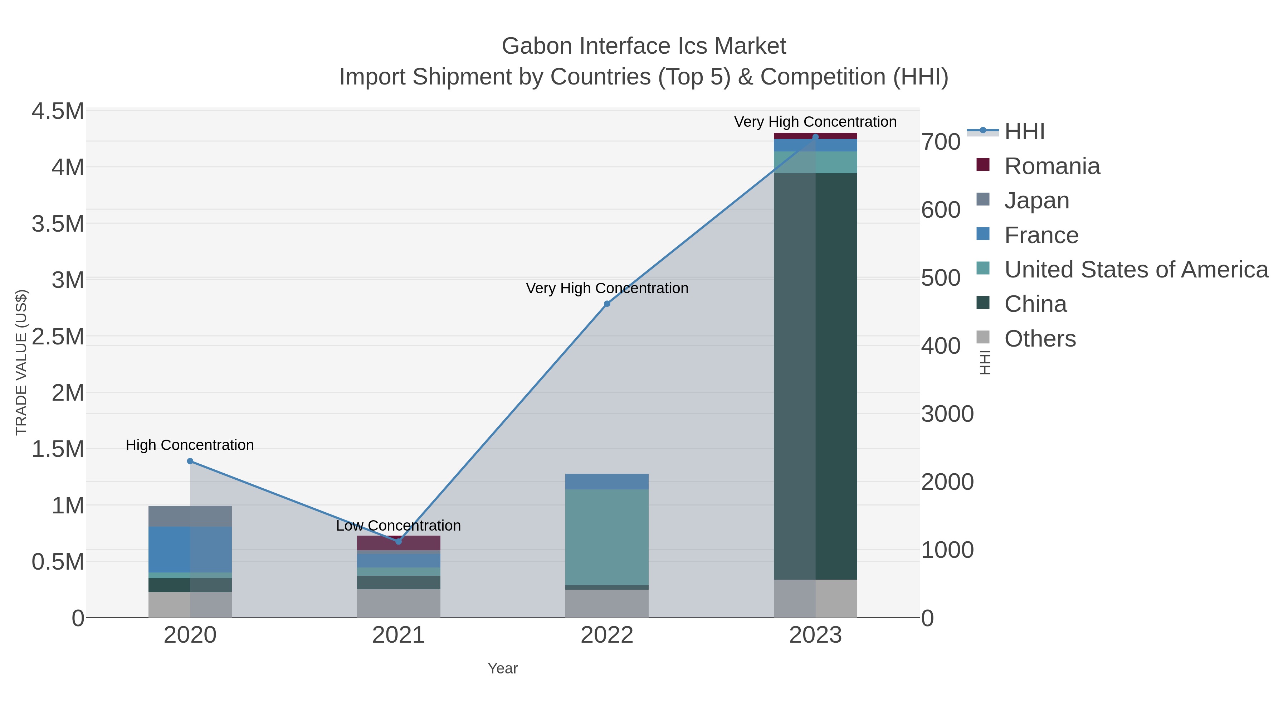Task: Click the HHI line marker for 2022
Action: (x=607, y=304)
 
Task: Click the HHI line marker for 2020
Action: (x=190, y=461)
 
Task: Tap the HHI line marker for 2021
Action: (x=399, y=541)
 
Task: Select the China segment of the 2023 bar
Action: (x=815, y=375)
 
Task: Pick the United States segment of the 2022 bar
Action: (x=607, y=537)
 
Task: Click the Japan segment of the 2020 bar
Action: (x=190, y=516)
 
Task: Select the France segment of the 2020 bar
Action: (x=190, y=549)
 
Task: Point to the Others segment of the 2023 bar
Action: (x=815, y=598)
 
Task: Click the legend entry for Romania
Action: (x=1052, y=166)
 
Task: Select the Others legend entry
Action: (x=1040, y=339)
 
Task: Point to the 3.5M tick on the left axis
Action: (x=58, y=224)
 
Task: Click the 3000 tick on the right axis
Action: (x=947, y=414)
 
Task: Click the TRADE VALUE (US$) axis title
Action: (x=21, y=362)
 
